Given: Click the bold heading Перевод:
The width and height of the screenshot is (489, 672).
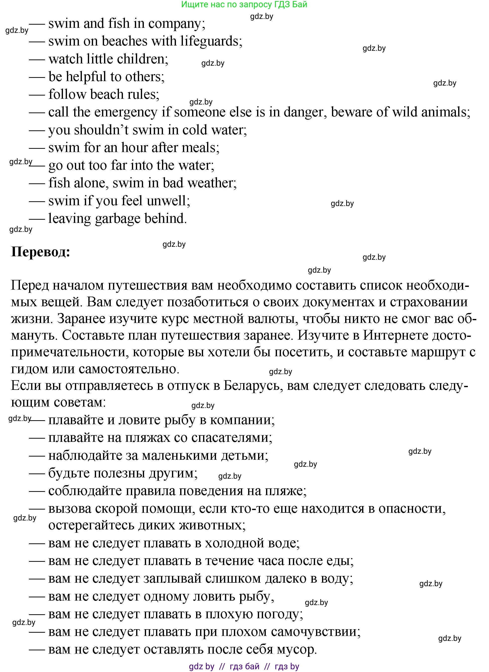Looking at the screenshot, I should [x=41, y=252].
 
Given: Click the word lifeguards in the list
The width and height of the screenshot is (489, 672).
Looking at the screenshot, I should [x=211, y=41].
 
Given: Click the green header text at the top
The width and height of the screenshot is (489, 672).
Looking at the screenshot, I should [x=244, y=4].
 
